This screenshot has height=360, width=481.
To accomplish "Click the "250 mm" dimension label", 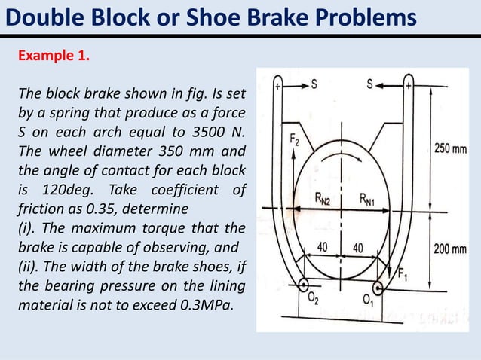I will tap(450, 148).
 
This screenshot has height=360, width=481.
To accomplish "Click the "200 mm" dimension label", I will tap(450, 248).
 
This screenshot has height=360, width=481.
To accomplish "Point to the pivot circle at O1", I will tap(391, 285).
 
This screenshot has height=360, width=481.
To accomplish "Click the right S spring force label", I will tap(370, 86).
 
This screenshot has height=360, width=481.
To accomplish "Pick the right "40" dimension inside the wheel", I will tap(359, 247).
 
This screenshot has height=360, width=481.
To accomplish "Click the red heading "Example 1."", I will tap(53, 56).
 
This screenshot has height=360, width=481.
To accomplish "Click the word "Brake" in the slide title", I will tap(296, 17).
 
